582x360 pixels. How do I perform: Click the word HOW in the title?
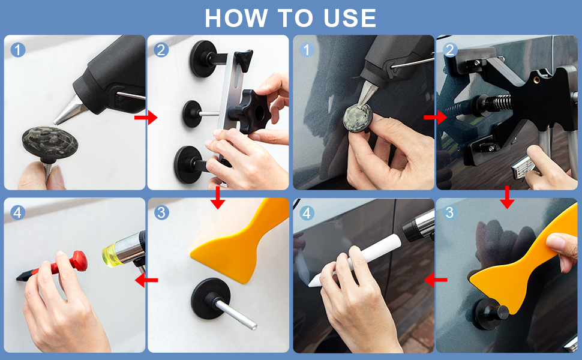pyautogui.click(x=236, y=18)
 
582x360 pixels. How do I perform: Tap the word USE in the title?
pyautogui.click(x=350, y=18)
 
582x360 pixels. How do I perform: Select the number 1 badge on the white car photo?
pyautogui.click(x=18, y=50)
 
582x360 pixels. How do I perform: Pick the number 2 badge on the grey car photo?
pyautogui.click(x=450, y=50)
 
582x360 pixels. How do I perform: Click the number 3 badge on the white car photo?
pyautogui.click(x=161, y=212)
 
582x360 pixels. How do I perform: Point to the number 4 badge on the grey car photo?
pyautogui.click(x=307, y=213)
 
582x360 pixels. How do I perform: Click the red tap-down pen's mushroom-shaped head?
pyautogui.click(x=79, y=260)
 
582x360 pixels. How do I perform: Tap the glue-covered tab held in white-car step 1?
pyautogui.click(x=50, y=143)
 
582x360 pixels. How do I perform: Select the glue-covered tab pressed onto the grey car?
pyautogui.click(x=358, y=118)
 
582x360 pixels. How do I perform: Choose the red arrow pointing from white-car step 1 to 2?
pyautogui.click(x=146, y=118)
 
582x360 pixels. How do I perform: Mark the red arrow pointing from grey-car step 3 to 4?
pyautogui.click(x=436, y=280)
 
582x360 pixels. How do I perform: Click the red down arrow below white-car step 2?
pyautogui.click(x=218, y=197)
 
